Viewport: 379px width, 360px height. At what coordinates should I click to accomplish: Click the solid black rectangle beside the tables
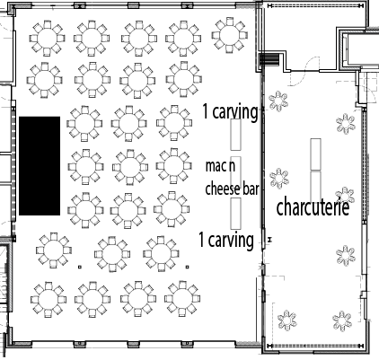[40, 166]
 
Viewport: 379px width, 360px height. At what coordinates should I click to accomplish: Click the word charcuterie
[313, 207]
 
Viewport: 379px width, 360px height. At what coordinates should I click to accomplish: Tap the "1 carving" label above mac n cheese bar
[230, 111]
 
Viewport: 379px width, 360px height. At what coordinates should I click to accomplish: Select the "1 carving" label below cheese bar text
[226, 240]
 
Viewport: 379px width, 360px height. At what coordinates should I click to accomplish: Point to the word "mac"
[216, 166]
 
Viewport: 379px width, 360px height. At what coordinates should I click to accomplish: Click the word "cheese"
[223, 189]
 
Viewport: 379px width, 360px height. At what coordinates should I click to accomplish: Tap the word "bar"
[251, 189]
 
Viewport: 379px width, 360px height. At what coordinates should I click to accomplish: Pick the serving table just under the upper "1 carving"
[235, 135]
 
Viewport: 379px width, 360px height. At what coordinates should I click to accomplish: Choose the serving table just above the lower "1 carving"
[235, 214]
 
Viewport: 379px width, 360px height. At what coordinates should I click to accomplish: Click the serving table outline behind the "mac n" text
[235, 172]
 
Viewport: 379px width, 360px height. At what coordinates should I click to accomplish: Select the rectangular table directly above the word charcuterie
[315, 154]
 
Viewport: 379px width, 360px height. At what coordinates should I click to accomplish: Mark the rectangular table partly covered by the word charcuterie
[315, 187]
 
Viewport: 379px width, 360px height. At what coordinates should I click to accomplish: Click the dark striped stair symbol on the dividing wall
[269, 60]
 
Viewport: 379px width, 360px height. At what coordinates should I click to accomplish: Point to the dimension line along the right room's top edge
[315, 5]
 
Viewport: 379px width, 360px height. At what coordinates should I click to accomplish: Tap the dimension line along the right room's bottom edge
[315, 347]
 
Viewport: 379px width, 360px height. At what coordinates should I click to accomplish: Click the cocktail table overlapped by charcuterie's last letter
[345, 195]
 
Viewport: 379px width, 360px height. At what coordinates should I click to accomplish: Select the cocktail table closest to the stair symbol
[278, 101]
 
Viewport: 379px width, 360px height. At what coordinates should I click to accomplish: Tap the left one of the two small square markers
[80, 267]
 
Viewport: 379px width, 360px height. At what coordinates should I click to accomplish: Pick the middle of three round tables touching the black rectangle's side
[85, 167]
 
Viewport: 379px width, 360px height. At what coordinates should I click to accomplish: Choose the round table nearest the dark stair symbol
[230, 35]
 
